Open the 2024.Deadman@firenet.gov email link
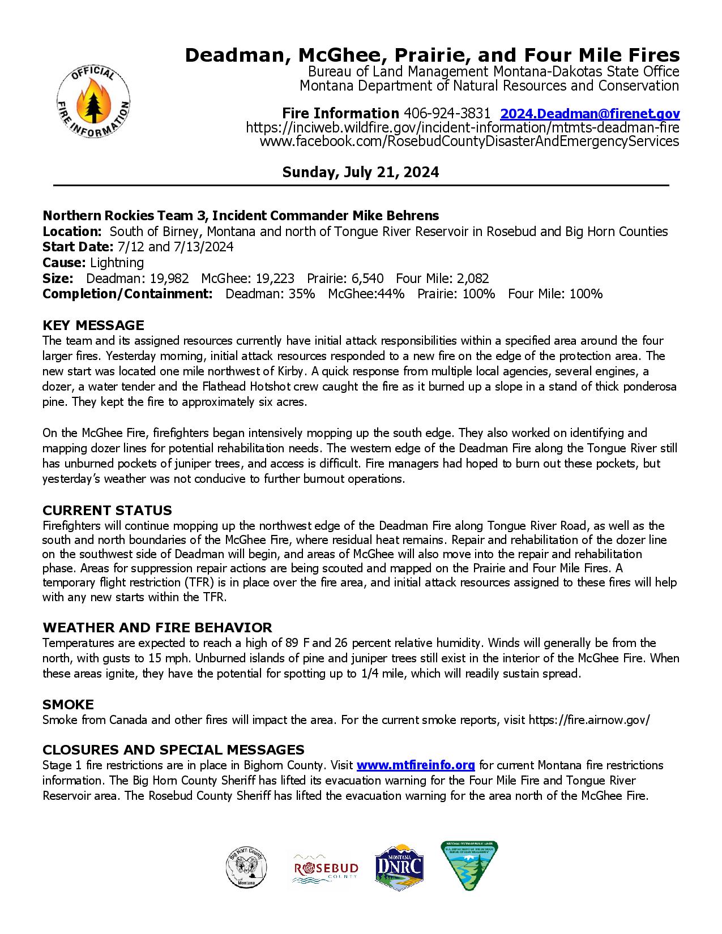pyautogui.click(x=590, y=113)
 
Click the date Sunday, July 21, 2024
pyautogui.click(x=360, y=172)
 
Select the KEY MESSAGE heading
pyautogui.click(x=93, y=325)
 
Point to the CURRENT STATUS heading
pyautogui.click(x=107, y=510)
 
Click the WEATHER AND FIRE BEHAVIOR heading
pyautogui.click(x=157, y=627)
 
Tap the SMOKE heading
pyautogui.click(x=68, y=704)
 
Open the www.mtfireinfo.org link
pyautogui.click(x=415, y=765)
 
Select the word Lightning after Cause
pyautogui.click(x=117, y=263)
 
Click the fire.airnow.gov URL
pyautogui.click(x=589, y=720)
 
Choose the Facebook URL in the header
pyautogui.click(x=469, y=142)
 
